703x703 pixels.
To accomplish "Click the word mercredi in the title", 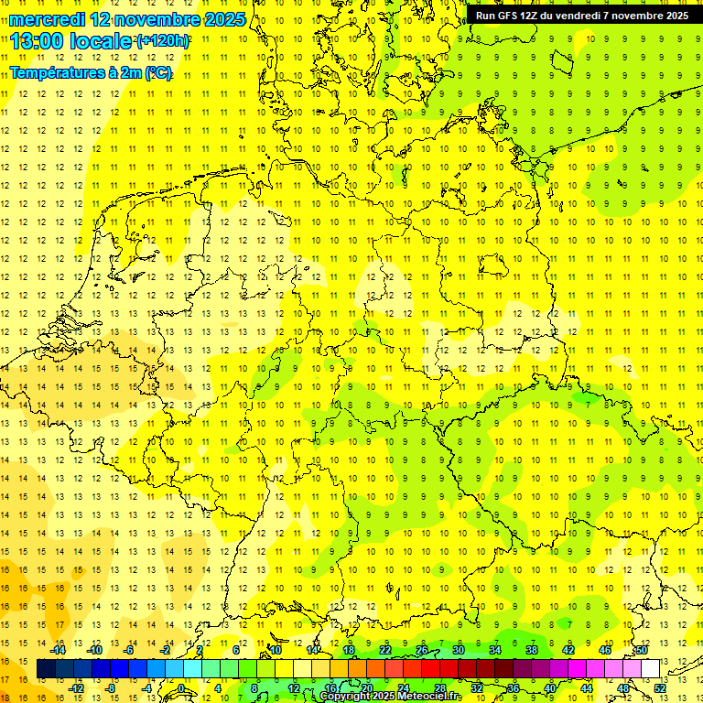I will [47, 19].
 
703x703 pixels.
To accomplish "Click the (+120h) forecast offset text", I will [163, 41].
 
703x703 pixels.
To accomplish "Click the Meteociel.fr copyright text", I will [391, 697].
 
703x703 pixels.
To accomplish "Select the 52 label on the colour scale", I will [660, 688].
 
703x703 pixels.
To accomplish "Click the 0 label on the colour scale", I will [182, 688].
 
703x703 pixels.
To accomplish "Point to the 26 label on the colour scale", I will [422, 650].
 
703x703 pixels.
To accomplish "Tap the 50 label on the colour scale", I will [642, 650].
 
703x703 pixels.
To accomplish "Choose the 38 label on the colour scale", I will [532, 650].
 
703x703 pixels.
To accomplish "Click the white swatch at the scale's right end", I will [651, 669].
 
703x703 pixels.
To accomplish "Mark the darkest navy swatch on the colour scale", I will [47, 669].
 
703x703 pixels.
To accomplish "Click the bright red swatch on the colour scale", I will [431, 669].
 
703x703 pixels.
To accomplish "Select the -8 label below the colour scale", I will [111, 688].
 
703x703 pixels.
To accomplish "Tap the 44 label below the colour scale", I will [587, 688].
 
